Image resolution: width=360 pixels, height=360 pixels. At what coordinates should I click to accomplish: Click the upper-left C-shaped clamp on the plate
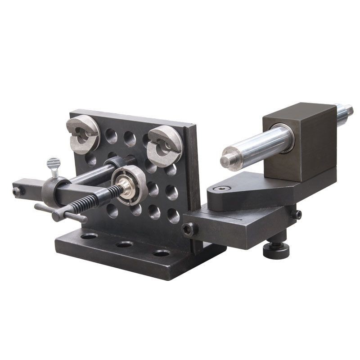point(83,134)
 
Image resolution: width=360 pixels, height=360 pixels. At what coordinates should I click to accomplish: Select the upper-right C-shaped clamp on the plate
point(165,145)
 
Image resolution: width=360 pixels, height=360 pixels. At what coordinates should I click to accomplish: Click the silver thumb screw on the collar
point(54,165)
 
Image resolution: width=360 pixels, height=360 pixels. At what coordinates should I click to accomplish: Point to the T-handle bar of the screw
point(61,213)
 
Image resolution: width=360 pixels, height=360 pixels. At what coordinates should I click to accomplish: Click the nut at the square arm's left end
point(17,192)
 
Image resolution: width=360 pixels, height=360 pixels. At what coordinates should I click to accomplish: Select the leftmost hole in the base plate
point(89,236)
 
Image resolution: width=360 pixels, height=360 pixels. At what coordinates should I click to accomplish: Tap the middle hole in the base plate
point(124,244)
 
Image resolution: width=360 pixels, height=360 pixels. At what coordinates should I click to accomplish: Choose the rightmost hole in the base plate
point(161,253)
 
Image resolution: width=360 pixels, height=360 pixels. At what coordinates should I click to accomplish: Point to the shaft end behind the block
point(345,111)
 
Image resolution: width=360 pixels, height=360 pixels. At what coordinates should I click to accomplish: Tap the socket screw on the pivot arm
point(222,189)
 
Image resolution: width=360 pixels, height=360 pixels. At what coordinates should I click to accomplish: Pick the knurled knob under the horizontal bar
point(276,250)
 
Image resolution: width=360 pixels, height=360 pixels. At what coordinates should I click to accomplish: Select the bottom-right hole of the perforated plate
point(173,215)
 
